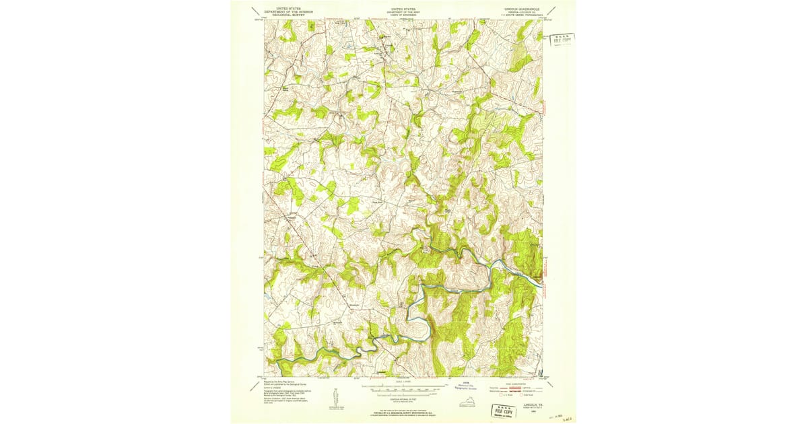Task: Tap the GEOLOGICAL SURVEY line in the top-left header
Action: pyautogui.click(x=283, y=15)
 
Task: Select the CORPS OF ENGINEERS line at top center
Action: pyautogui.click(x=403, y=15)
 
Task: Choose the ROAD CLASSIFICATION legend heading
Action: pyautogui.click(x=516, y=383)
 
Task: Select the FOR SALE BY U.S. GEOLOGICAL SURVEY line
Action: pyautogui.click(x=403, y=413)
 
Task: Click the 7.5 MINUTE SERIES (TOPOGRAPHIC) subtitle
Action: pyautogui.click(x=516, y=17)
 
